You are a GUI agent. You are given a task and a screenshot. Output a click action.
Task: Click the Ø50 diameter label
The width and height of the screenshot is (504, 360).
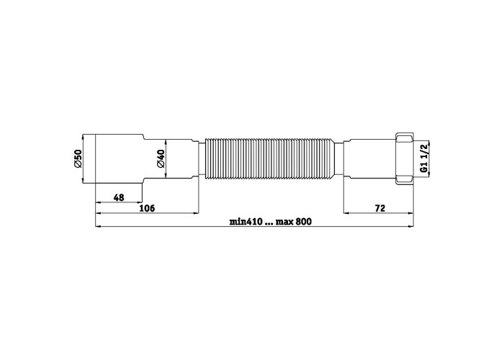[78, 158]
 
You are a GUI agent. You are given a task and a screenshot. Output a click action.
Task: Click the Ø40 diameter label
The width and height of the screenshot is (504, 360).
[161, 158]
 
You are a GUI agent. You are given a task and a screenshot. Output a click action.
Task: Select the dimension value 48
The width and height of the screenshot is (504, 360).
[119, 197]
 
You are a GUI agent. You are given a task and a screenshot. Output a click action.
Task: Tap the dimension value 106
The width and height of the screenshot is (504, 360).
[147, 208]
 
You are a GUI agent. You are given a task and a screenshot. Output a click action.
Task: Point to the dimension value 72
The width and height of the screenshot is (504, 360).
[379, 208]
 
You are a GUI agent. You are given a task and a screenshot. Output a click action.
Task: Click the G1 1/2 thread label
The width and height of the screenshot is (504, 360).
[424, 158]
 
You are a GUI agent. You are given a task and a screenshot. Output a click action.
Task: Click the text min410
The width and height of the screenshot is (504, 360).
[246, 222]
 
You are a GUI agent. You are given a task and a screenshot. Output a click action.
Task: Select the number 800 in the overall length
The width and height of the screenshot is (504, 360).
[304, 222]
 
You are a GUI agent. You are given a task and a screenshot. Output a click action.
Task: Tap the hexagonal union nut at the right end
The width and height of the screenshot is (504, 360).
[405, 158]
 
